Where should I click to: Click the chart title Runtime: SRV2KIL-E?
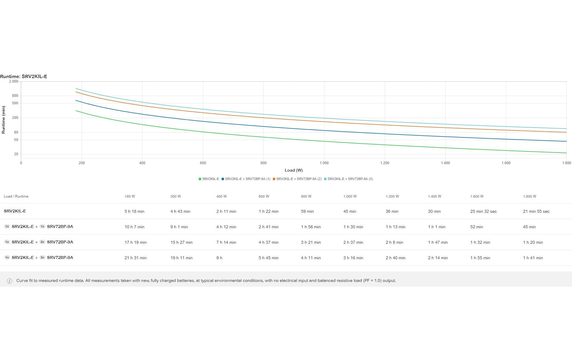click(x=24, y=77)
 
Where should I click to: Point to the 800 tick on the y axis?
click(x=15, y=96)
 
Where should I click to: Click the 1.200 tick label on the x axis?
click(x=385, y=163)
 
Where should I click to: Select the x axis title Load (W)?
click(x=293, y=170)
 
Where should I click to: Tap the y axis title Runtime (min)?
click(x=4, y=120)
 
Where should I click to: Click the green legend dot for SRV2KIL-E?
click(x=200, y=179)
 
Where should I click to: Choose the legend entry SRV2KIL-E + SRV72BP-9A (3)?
click(x=350, y=179)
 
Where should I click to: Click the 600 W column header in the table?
click(x=264, y=196)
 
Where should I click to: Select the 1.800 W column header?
click(x=529, y=196)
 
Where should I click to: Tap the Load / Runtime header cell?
click(x=16, y=196)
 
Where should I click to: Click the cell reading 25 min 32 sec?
click(x=483, y=212)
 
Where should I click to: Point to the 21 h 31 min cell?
click(x=136, y=258)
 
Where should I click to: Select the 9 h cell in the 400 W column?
click(x=219, y=258)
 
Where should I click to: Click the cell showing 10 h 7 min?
click(x=134, y=227)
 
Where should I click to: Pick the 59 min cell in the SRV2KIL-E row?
click(x=307, y=212)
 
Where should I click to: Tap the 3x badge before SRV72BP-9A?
click(x=42, y=257)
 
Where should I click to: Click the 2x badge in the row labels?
click(x=42, y=242)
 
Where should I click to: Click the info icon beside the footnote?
click(x=10, y=281)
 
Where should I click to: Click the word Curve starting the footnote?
click(x=22, y=281)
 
